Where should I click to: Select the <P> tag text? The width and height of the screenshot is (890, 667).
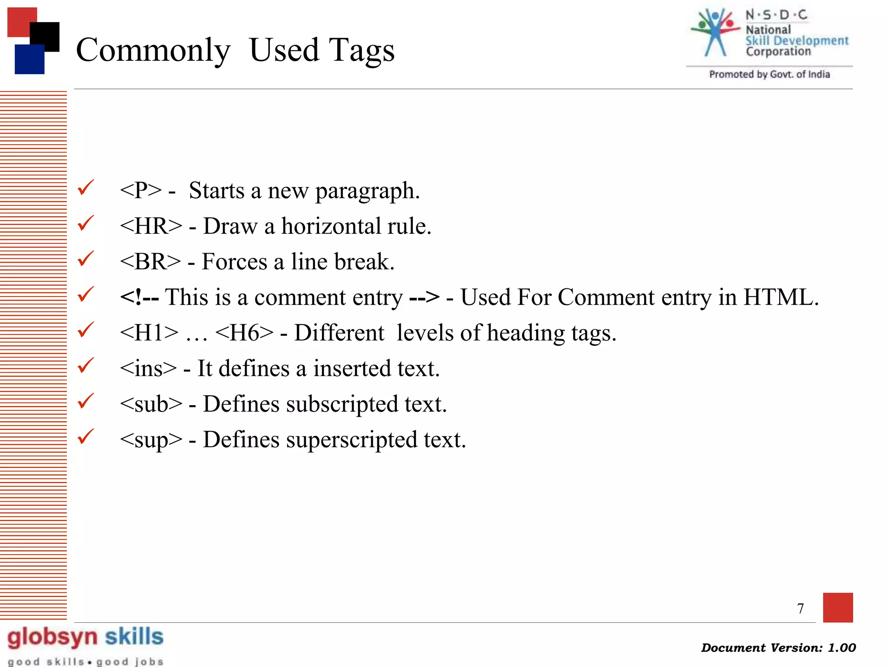click(x=141, y=191)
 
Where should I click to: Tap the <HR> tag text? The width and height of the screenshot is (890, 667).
click(x=151, y=226)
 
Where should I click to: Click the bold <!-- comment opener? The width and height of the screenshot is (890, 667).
click(x=139, y=297)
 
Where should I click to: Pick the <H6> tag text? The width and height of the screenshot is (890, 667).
click(x=244, y=333)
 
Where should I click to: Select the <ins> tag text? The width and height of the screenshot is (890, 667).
click(x=148, y=369)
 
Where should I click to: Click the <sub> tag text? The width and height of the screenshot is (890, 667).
click(x=151, y=404)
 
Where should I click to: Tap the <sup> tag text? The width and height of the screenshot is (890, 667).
click(x=151, y=440)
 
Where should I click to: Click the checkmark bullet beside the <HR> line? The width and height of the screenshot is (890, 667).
click(x=86, y=223)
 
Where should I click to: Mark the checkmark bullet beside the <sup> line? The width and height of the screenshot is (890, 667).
click(x=86, y=436)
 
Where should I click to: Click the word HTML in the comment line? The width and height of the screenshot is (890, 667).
click(x=780, y=297)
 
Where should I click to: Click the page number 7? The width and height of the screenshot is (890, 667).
click(x=800, y=608)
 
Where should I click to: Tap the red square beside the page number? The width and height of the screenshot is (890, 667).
click(x=837, y=607)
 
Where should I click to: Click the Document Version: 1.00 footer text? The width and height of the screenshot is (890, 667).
click(x=778, y=647)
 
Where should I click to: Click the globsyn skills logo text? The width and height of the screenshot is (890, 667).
click(x=85, y=637)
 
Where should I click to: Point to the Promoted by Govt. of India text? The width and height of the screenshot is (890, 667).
click(x=769, y=74)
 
